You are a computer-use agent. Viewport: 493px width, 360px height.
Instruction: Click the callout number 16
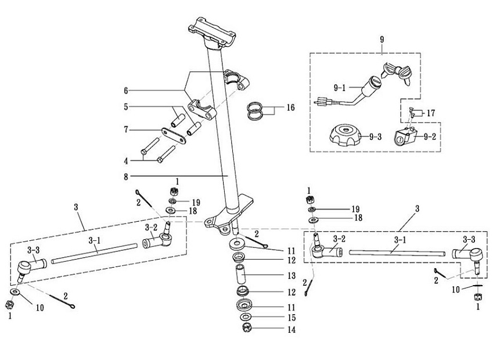coord(290,107)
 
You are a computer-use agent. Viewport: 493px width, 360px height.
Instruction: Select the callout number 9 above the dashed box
coord(382,39)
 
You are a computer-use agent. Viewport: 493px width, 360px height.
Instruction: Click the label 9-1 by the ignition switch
coord(340,87)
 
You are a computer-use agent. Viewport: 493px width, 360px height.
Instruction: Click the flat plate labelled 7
coord(173,134)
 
